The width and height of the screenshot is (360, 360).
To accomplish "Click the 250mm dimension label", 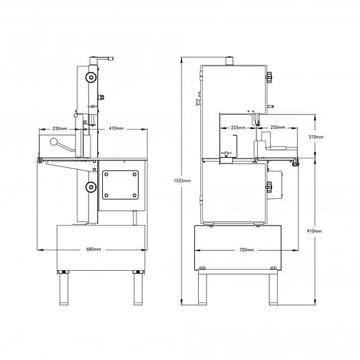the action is point(60,129).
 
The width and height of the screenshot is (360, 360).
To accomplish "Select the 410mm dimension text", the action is point(116,128).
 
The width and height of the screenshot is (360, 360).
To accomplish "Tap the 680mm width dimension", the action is point(93,249).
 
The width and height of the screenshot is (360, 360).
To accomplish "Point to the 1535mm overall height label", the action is point(182,180).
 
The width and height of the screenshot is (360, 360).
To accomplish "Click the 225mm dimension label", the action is point(238,128).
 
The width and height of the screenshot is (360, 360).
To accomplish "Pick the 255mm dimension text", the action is point(278,127).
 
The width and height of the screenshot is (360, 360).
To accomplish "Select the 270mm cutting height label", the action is point(316,137).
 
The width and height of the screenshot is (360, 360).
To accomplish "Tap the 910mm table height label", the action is point(315,231).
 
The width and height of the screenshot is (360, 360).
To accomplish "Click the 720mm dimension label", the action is point(247,250).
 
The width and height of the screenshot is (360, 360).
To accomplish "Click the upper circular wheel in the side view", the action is point(91,77).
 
